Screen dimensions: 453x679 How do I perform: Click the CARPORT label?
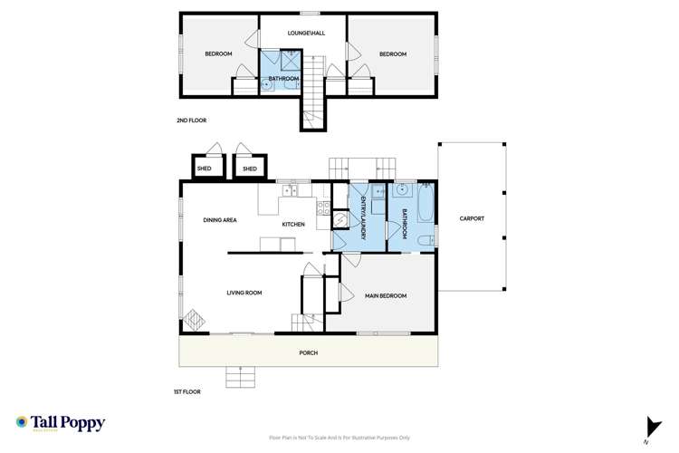click(x=471, y=219)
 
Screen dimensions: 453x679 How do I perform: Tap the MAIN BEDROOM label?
click(x=385, y=296)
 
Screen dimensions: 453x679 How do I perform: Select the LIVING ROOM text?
click(x=244, y=293)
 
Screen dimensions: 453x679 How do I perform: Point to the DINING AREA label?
click(x=220, y=219)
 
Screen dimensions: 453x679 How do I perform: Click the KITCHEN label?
click(x=292, y=225)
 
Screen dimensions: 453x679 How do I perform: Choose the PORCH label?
click(x=309, y=352)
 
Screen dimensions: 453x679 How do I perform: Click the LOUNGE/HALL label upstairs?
click(x=305, y=34)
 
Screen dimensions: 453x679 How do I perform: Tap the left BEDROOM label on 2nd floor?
click(x=218, y=54)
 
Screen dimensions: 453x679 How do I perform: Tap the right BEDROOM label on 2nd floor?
click(x=392, y=54)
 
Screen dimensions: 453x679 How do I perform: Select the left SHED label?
click(x=204, y=169)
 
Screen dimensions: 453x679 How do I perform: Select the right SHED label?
click(x=249, y=169)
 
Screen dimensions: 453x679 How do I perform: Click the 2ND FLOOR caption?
click(x=191, y=120)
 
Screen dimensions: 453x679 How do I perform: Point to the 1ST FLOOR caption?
click(x=187, y=391)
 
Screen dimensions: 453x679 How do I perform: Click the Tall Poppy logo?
click(x=61, y=423)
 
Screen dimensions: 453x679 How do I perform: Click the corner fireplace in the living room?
click(x=194, y=322)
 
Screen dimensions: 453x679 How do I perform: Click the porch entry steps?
click(x=240, y=375)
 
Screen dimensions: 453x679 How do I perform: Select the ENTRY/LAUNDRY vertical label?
click(x=363, y=217)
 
